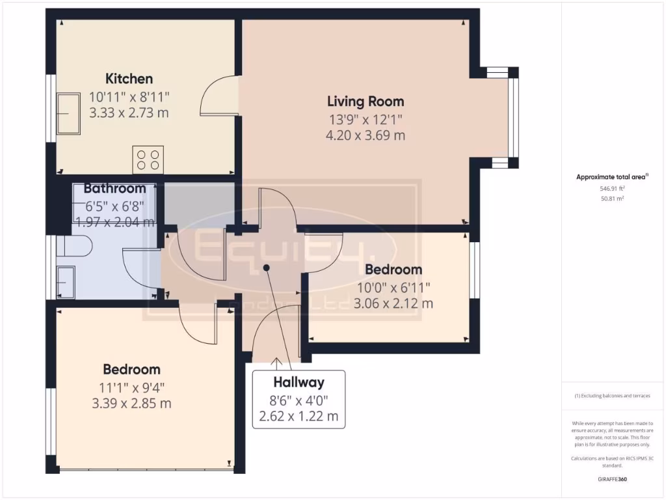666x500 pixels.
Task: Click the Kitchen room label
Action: [x=129, y=79]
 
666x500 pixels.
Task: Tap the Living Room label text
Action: [x=365, y=101]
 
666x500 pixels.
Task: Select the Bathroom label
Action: [x=114, y=189]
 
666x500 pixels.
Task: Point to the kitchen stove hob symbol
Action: [x=148, y=160]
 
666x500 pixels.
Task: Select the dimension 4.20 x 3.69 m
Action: [x=365, y=135]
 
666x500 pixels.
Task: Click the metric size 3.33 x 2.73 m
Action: [x=129, y=113]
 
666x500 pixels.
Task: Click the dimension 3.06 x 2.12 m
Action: [x=393, y=303]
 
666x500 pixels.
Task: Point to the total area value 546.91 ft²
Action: [x=612, y=188]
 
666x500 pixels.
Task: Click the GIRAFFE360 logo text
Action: [x=612, y=480]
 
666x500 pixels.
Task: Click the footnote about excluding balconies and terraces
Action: [x=612, y=396]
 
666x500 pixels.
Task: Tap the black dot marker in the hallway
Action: [x=266, y=268]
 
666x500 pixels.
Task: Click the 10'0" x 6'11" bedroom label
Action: [x=393, y=286]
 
